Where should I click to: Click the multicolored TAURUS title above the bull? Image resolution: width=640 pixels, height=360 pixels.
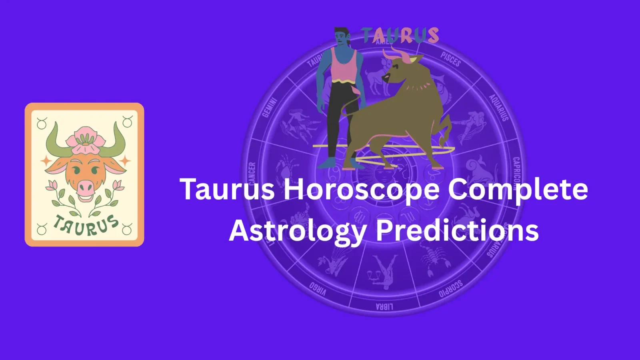click(x=400, y=35)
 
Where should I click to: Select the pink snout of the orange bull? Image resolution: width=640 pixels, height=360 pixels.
click(x=85, y=186)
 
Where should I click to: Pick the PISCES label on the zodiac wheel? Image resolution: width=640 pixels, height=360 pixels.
click(x=451, y=59)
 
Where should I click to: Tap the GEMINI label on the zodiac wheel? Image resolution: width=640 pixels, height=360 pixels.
click(x=269, y=108)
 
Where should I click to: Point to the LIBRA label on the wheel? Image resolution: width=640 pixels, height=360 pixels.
click(x=384, y=307)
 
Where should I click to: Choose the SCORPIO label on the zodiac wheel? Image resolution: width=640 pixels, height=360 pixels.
click(x=451, y=288)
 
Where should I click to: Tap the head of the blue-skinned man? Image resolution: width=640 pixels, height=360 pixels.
click(x=341, y=36)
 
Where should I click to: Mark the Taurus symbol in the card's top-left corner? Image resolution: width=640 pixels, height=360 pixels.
click(x=42, y=123)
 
